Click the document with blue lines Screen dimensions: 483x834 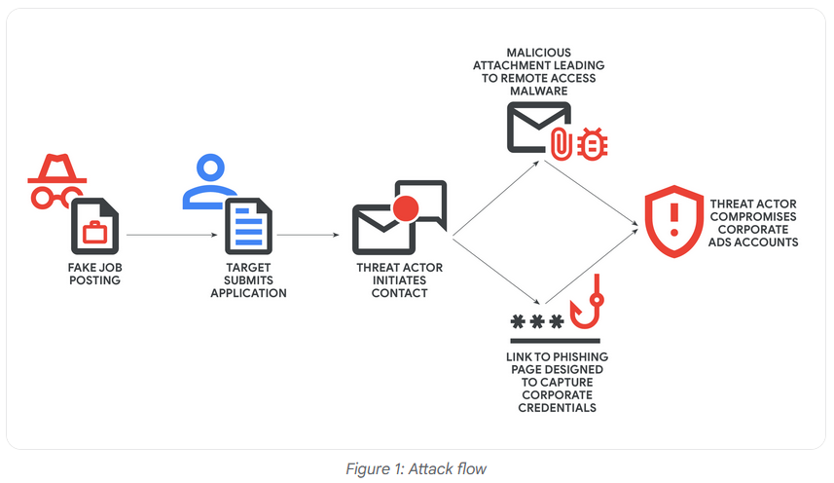click(x=246, y=227)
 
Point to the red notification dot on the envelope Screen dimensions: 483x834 click(x=404, y=207)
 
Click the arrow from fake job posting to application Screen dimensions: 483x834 click(x=170, y=235)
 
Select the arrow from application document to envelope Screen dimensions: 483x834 click(x=308, y=235)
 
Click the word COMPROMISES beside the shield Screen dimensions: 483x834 click(x=754, y=215)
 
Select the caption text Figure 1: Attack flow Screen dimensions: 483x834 click(x=416, y=468)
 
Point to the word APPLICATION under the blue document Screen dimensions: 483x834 click(x=248, y=293)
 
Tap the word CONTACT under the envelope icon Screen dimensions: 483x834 click(x=399, y=293)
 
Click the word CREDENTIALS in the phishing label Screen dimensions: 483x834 click(x=552, y=408)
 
